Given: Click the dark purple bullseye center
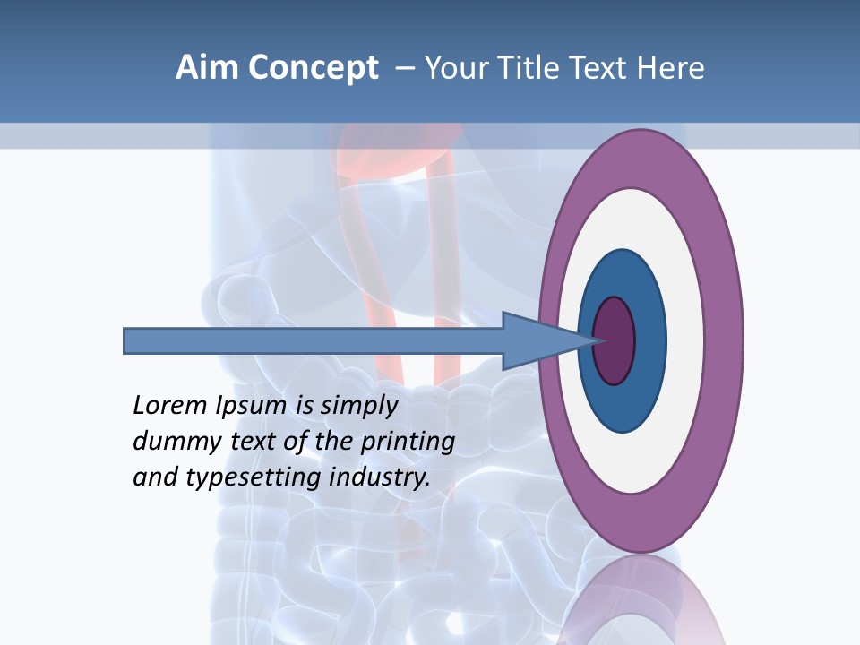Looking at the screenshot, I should coord(615,341).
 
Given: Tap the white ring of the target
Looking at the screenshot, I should coord(685,340).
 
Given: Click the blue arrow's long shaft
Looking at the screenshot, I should coord(314,341).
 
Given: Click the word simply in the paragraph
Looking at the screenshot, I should coord(358,406).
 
